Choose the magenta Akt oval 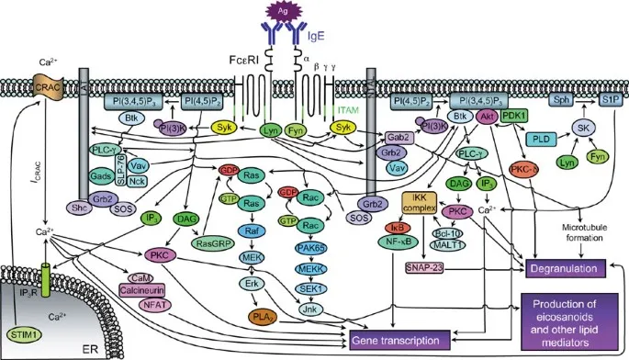(x=489, y=117)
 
